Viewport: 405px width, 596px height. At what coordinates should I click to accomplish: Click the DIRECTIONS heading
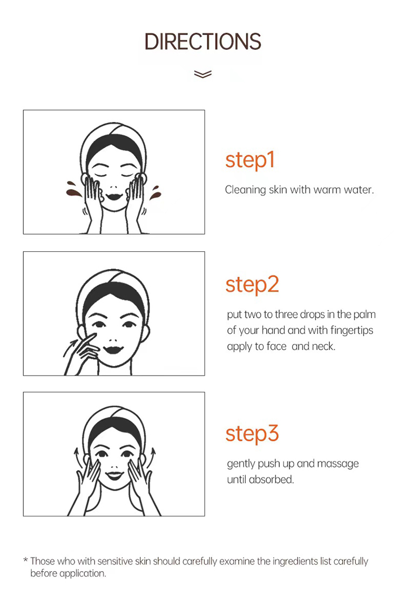point(202,42)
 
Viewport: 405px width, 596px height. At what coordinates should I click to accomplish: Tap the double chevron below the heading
point(202,73)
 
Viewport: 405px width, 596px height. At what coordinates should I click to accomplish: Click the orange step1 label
point(249,160)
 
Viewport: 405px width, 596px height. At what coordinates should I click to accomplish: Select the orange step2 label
point(252,285)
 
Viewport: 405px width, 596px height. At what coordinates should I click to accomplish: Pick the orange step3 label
point(252,434)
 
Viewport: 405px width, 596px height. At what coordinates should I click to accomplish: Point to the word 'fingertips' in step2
point(352,330)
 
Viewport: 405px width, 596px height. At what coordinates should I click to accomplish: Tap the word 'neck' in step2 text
point(325,346)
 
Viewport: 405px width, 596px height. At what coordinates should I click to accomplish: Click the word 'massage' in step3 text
point(337,464)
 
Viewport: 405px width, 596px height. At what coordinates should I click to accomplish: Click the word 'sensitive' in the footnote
point(115,561)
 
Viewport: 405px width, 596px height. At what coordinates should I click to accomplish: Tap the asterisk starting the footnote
point(25,560)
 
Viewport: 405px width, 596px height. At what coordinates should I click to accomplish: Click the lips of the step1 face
point(113,197)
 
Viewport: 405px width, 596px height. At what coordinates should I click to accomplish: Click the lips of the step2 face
point(113,349)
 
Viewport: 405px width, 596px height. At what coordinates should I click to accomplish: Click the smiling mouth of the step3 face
point(114,475)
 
